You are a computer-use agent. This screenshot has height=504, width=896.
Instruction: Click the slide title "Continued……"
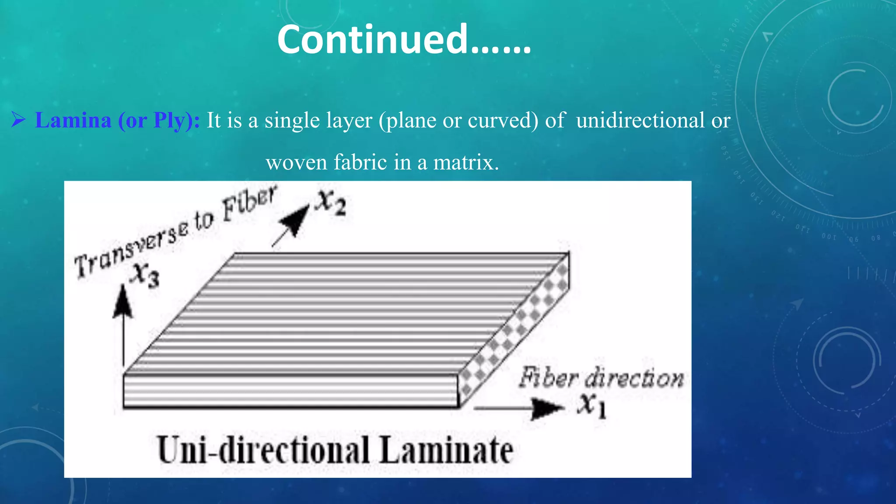pyautogui.click(x=404, y=40)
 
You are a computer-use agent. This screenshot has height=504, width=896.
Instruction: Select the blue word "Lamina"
pyautogui.click(x=73, y=120)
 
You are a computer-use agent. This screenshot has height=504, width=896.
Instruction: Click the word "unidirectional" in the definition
pyautogui.click(x=640, y=120)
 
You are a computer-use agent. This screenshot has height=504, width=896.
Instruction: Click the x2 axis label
pyautogui.click(x=332, y=203)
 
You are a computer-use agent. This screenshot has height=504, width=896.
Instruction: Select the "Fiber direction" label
pyautogui.click(x=601, y=377)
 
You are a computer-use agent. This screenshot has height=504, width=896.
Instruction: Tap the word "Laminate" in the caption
pyautogui.click(x=446, y=450)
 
